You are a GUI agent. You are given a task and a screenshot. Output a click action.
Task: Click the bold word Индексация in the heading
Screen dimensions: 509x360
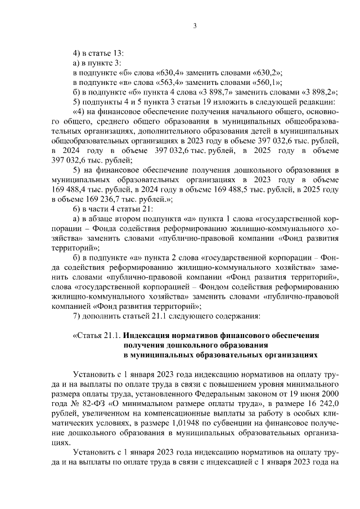[150, 335]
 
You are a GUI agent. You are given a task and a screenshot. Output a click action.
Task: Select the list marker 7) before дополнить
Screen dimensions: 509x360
[78, 316]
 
